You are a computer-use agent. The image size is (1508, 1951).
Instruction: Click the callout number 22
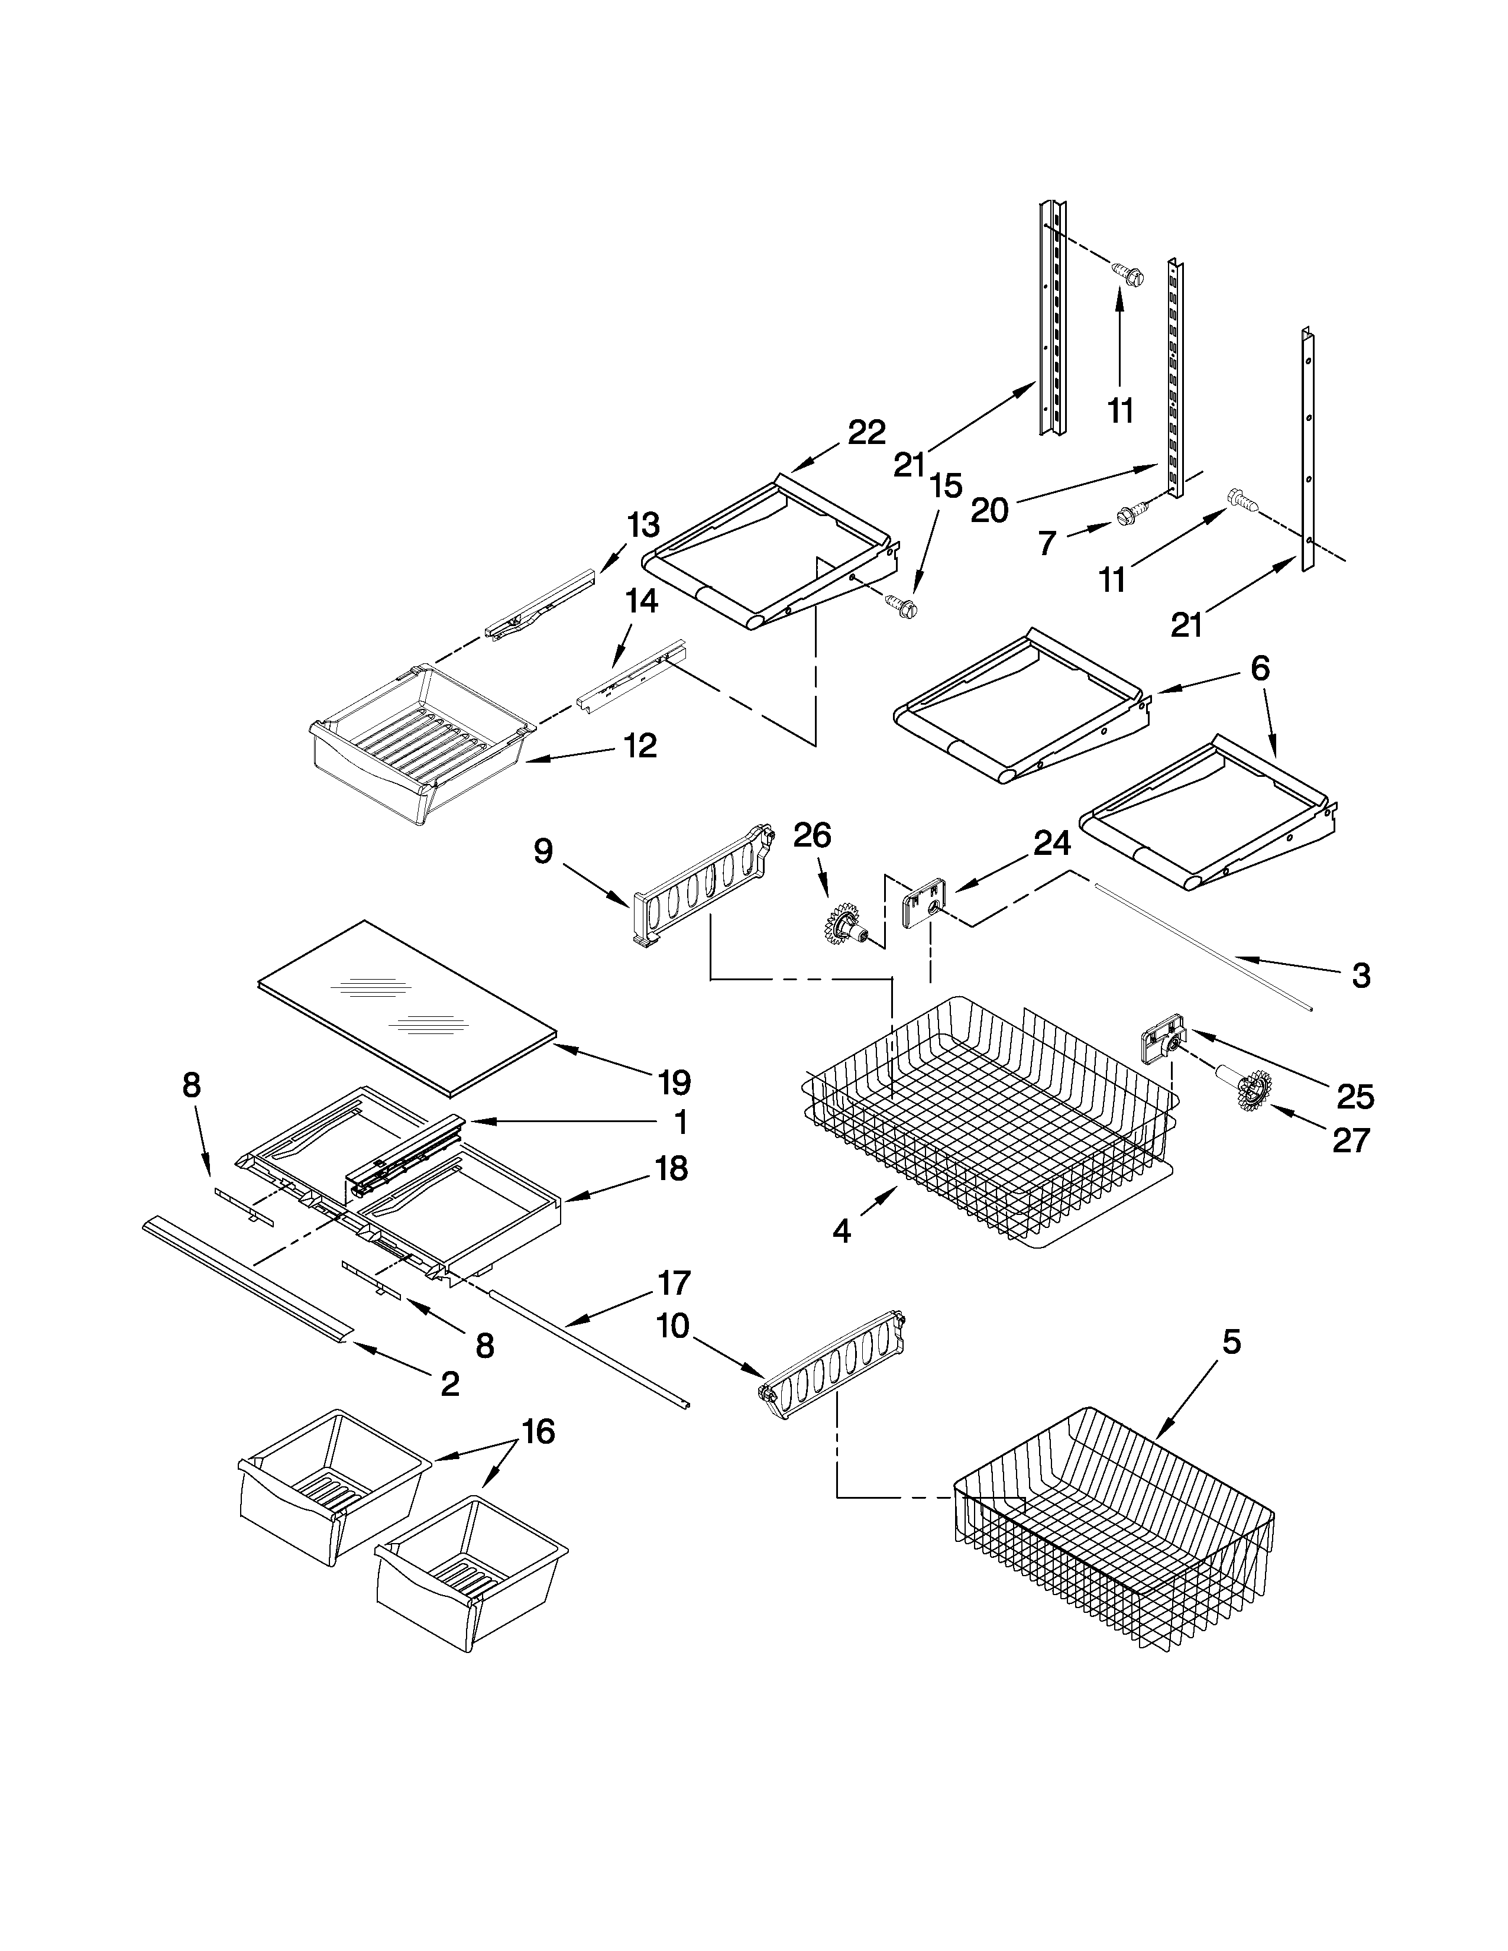click(866, 432)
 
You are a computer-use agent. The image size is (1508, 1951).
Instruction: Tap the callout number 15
click(945, 486)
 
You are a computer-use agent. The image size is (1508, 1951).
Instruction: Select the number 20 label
click(989, 511)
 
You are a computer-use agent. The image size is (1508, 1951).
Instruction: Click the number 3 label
click(1361, 975)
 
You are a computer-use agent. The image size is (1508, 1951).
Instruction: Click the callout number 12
click(640, 746)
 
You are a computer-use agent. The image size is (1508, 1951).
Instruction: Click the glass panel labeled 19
click(406, 1005)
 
